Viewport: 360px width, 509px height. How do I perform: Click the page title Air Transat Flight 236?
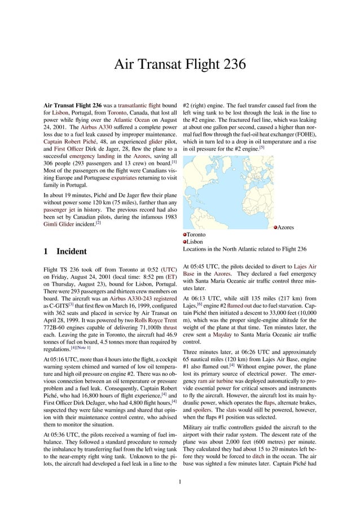pos(180,64)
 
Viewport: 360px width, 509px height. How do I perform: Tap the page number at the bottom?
pos(180,482)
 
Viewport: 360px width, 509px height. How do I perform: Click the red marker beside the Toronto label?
pos(185,234)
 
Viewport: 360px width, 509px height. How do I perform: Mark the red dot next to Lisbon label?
pos(185,242)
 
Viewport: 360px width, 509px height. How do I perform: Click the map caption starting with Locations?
pos(244,249)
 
